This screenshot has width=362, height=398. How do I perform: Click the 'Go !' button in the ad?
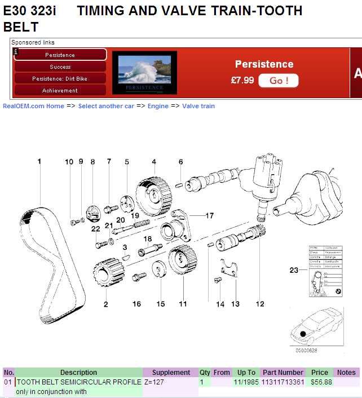click(278, 81)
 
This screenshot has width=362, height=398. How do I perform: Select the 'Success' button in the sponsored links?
click(60, 67)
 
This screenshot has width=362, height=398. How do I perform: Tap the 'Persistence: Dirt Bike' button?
click(60, 78)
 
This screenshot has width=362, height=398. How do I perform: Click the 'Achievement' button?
click(60, 90)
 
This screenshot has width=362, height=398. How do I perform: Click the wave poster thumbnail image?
click(144, 72)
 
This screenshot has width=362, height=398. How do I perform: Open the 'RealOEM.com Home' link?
click(33, 106)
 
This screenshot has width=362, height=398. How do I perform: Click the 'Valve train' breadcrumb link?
click(198, 106)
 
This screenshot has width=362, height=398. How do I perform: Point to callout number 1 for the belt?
click(39, 161)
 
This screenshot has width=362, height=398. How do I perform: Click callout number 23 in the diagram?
click(294, 270)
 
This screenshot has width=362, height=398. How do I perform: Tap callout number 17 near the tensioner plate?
click(209, 215)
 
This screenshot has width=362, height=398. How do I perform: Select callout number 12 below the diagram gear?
click(260, 304)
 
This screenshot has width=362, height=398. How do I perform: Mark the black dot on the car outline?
click(303, 334)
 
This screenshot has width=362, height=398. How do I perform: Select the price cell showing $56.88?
click(321, 382)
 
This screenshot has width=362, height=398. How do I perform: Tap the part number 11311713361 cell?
click(282, 382)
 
